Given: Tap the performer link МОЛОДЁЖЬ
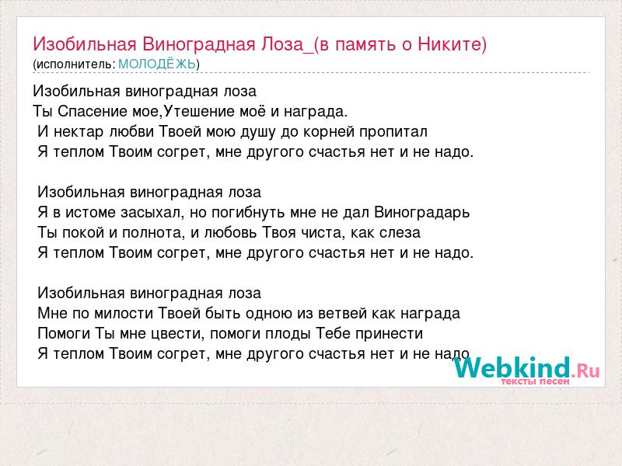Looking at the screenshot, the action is coord(157,64).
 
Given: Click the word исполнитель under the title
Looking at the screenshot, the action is coord(74,64).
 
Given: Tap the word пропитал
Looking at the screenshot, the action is coord(393,131).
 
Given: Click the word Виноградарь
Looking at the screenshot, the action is coord(421,212).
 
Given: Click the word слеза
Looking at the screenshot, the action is coord(400,232).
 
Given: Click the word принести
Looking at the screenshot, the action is coord(390,334).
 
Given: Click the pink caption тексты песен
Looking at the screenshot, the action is coord(535,381).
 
